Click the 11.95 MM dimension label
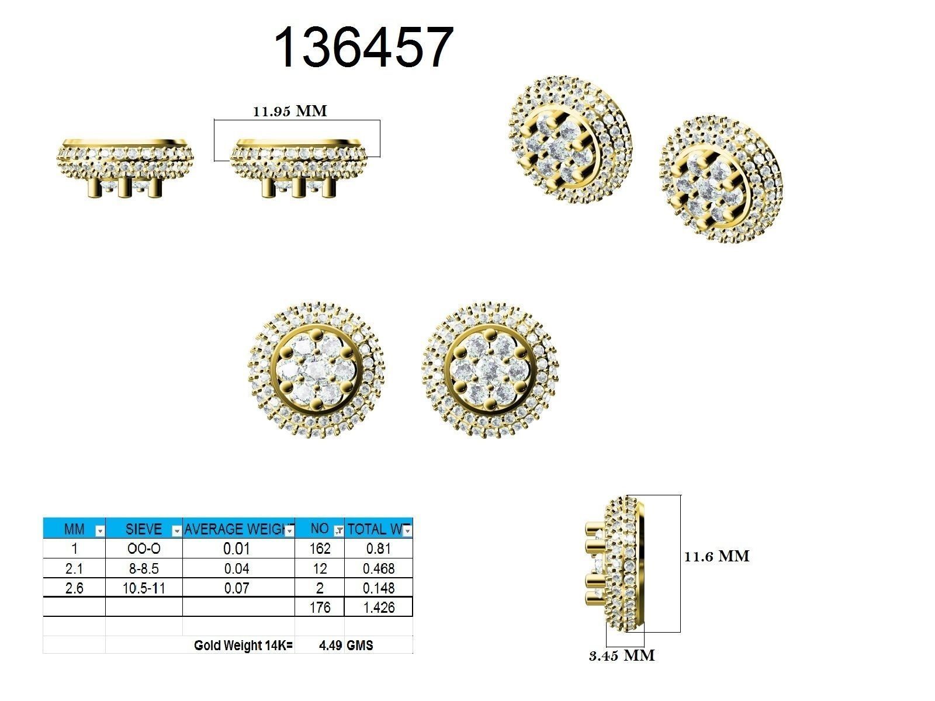290,111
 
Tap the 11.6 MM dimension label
716,556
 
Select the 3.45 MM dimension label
622,655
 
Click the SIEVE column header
143,529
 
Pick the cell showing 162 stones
320,549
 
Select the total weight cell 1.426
379,608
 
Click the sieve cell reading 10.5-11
144,588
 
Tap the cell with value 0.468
379,568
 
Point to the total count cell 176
320,608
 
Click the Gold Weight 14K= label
243,646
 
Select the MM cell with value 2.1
74,568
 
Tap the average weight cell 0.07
237,588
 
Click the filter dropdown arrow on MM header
99,530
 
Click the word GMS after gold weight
360,646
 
